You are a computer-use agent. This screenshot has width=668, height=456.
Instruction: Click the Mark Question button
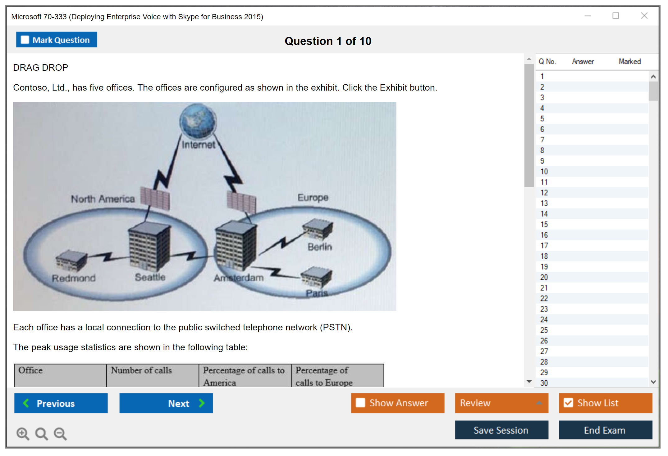(57, 40)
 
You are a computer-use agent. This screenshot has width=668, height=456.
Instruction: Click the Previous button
(61, 403)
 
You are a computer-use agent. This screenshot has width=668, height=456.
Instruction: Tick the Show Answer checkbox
(360, 403)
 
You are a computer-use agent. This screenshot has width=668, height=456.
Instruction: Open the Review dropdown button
(501, 403)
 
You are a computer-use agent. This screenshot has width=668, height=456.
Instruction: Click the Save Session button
(501, 430)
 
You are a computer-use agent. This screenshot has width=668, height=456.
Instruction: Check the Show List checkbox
(568, 403)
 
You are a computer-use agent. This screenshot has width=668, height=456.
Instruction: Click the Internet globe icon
(198, 121)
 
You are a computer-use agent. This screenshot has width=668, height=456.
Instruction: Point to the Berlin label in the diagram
(320, 247)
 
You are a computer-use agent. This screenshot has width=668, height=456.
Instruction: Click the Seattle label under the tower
(150, 277)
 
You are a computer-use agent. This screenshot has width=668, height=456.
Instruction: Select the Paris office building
(316, 276)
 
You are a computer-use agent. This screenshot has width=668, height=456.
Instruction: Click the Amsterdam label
(239, 278)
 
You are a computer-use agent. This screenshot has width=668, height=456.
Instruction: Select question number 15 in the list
(544, 224)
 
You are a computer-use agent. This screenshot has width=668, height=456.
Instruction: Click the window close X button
(644, 16)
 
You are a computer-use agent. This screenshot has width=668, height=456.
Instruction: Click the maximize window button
(615, 16)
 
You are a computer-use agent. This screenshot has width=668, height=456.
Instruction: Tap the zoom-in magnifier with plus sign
(23, 434)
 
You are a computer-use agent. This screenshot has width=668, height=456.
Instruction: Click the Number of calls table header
(141, 370)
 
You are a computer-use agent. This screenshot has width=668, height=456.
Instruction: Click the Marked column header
(630, 61)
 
